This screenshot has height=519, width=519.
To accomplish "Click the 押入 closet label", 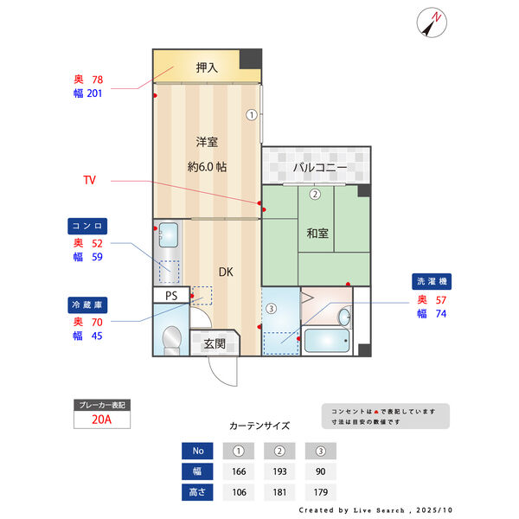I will [x=207, y=67].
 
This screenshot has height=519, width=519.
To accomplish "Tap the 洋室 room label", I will [x=206, y=141].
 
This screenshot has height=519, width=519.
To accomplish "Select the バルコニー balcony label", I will [x=318, y=166].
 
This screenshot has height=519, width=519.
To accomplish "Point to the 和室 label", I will [x=317, y=233].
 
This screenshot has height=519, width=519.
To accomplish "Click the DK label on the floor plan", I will [x=225, y=272].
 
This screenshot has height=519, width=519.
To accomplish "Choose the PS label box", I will [x=171, y=295].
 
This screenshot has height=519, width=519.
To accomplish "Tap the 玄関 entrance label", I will [x=215, y=343].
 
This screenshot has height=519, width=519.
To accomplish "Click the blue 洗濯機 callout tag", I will [x=432, y=282].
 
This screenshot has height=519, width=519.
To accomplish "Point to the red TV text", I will [x=89, y=181].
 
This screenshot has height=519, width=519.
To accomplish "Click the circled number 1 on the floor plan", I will [x=251, y=113].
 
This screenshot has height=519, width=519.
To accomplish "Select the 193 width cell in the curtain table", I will [x=279, y=471].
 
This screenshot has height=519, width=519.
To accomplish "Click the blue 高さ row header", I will [x=197, y=492].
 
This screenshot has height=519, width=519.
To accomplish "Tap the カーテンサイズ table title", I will [x=259, y=426].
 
